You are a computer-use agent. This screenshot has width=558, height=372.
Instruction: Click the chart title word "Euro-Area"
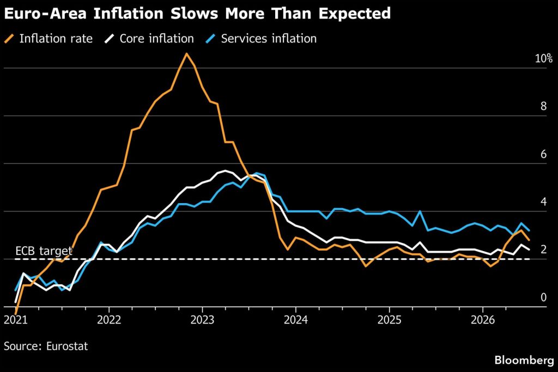45,14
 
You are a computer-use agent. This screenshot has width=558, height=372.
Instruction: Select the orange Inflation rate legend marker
9,39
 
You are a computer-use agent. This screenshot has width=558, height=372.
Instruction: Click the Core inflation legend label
156,39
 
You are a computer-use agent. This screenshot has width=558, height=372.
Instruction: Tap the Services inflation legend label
269,39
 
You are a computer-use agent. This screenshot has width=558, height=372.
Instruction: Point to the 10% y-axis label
544,58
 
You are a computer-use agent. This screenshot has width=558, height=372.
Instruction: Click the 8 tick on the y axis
543,106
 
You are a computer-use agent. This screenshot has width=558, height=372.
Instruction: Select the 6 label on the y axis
543,154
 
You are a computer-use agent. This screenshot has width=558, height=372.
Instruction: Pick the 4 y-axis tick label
543,202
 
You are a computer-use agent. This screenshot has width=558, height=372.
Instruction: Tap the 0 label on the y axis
543,297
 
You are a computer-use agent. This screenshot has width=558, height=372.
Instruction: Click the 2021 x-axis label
16,320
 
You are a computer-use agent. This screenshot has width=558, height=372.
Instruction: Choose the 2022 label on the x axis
109,320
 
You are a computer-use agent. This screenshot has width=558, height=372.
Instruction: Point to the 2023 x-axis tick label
203,320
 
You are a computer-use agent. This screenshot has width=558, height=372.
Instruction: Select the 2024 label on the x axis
296,320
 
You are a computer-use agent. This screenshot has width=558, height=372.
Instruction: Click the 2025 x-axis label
389,320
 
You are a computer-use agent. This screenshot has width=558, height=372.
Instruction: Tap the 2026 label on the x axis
483,320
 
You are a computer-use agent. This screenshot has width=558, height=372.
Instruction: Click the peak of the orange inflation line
186,54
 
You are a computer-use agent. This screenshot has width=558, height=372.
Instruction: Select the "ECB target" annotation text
44,251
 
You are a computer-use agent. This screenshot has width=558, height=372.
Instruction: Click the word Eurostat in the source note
67,346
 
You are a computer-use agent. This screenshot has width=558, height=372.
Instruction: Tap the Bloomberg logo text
524,360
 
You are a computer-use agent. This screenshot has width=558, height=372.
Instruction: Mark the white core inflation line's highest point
225,170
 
